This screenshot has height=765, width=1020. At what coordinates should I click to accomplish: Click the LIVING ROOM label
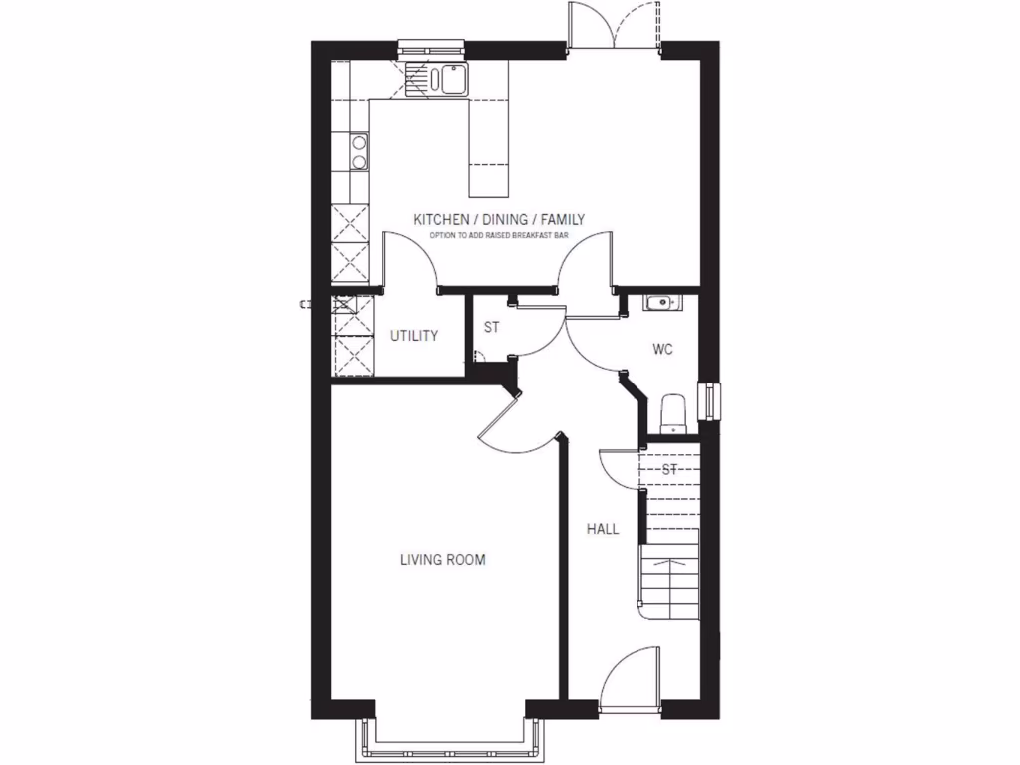point(443,560)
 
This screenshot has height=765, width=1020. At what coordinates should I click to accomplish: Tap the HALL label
point(603,529)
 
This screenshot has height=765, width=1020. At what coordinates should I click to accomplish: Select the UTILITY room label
point(414,336)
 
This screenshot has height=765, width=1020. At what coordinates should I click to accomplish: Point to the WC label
point(664,350)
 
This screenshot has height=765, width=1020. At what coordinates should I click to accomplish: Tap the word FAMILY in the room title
point(562,219)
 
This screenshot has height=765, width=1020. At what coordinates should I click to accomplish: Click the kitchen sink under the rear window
point(438,79)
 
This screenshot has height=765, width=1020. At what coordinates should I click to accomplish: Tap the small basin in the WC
point(659,302)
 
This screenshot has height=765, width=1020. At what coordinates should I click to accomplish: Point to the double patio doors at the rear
point(614,27)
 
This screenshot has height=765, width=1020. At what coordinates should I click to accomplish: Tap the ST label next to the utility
point(491,327)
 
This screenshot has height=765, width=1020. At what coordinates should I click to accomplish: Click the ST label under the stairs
point(669,468)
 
